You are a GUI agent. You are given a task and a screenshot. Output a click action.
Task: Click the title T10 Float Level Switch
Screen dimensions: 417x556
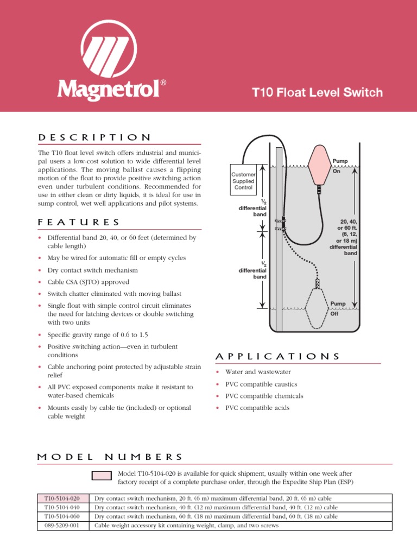pyautogui.click(x=318, y=92)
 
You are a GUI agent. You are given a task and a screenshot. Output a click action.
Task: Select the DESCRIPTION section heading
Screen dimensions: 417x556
pyautogui.click(x=94, y=137)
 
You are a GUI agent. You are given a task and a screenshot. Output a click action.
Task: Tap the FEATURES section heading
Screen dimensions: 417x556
pyautogui.click(x=79, y=222)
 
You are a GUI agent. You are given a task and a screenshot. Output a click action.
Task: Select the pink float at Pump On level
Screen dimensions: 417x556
pyautogui.click(x=319, y=165)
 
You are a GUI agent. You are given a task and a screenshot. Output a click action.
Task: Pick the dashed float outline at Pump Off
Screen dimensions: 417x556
pyautogui.click(x=318, y=308)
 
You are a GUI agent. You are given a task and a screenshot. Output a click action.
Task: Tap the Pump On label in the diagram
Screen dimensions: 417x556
pyautogui.click(x=339, y=165)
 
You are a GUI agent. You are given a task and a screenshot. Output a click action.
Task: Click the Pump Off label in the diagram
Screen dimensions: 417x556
pyautogui.click(x=338, y=308)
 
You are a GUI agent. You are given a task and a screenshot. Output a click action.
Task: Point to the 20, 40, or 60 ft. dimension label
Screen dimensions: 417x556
pyautogui.click(x=344, y=237)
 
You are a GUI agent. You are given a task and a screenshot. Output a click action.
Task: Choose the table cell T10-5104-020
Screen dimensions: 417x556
pyautogui.click(x=62, y=498)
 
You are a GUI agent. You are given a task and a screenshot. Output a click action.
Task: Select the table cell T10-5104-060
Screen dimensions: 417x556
pyautogui.click(x=62, y=516)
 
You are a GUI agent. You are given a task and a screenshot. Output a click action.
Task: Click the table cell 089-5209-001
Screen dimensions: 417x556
pyautogui.click(x=62, y=526)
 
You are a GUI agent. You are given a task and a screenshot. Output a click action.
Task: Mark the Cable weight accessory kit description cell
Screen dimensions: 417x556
pyautogui.click(x=186, y=526)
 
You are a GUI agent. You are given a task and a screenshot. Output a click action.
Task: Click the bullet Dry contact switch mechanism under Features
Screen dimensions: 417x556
pyautogui.click(x=92, y=270)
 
